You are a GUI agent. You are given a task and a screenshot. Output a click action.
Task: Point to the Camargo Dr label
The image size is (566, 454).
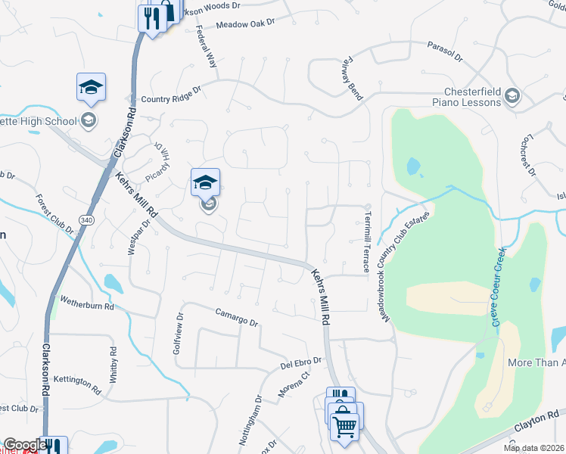pyautogui.click(x=237, y=317)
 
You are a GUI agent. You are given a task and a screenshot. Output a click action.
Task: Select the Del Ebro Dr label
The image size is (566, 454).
pyautogui.click(x=301, y=362)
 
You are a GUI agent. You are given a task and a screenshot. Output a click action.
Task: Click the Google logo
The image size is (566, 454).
pyautogui.click(x=24, y=445)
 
